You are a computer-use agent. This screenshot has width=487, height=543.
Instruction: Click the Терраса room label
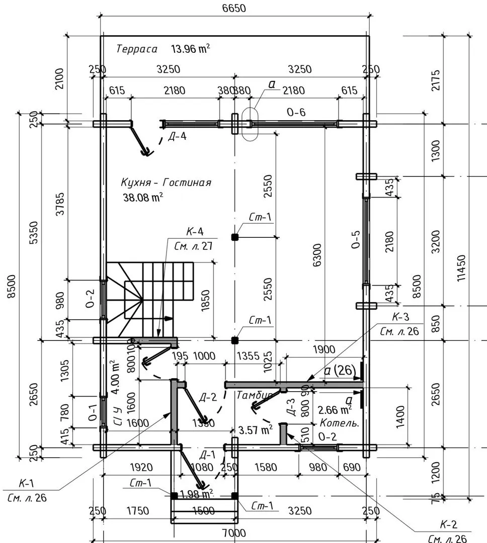coord(137,49)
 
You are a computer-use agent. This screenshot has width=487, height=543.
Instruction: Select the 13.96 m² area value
coord(190,49)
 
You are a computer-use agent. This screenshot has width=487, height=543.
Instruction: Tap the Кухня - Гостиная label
coord(166,183)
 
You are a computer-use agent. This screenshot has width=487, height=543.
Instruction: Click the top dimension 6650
coord(233,8)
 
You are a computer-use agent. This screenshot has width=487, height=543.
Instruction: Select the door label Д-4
coord(177,136)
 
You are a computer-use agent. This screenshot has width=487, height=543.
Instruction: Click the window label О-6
coord(296,112)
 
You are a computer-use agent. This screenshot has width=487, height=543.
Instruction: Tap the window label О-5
coord(356,240)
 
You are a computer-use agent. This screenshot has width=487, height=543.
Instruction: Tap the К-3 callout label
coord(400,318)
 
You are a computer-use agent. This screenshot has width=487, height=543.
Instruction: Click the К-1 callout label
coord(26,484)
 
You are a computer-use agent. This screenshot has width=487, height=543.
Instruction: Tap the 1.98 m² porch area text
coord(195,493)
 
